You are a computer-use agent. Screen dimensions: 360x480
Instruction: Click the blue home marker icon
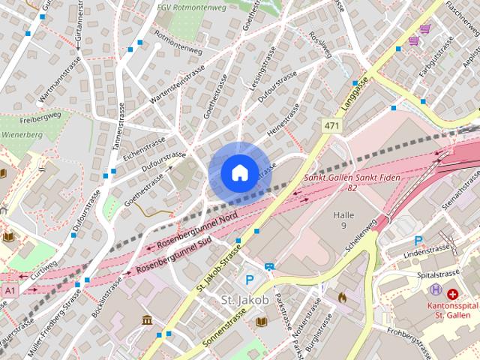coord(238,172)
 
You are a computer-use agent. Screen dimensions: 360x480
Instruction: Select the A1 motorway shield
coord(9,289)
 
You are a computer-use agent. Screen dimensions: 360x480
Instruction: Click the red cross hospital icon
coord(453,293)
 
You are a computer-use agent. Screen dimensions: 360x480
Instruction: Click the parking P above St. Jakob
coord(250,280)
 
